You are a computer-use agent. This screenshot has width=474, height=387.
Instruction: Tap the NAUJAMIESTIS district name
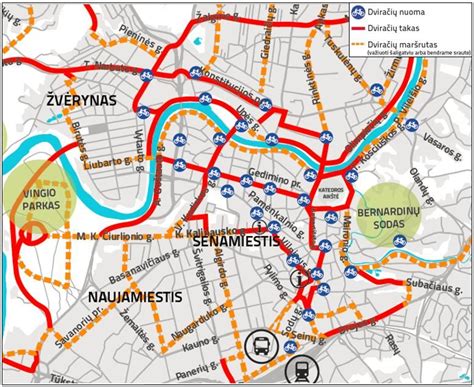click(x=134, y=297)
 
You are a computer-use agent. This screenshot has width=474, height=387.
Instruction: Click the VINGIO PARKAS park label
click(x=38, y=196)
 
